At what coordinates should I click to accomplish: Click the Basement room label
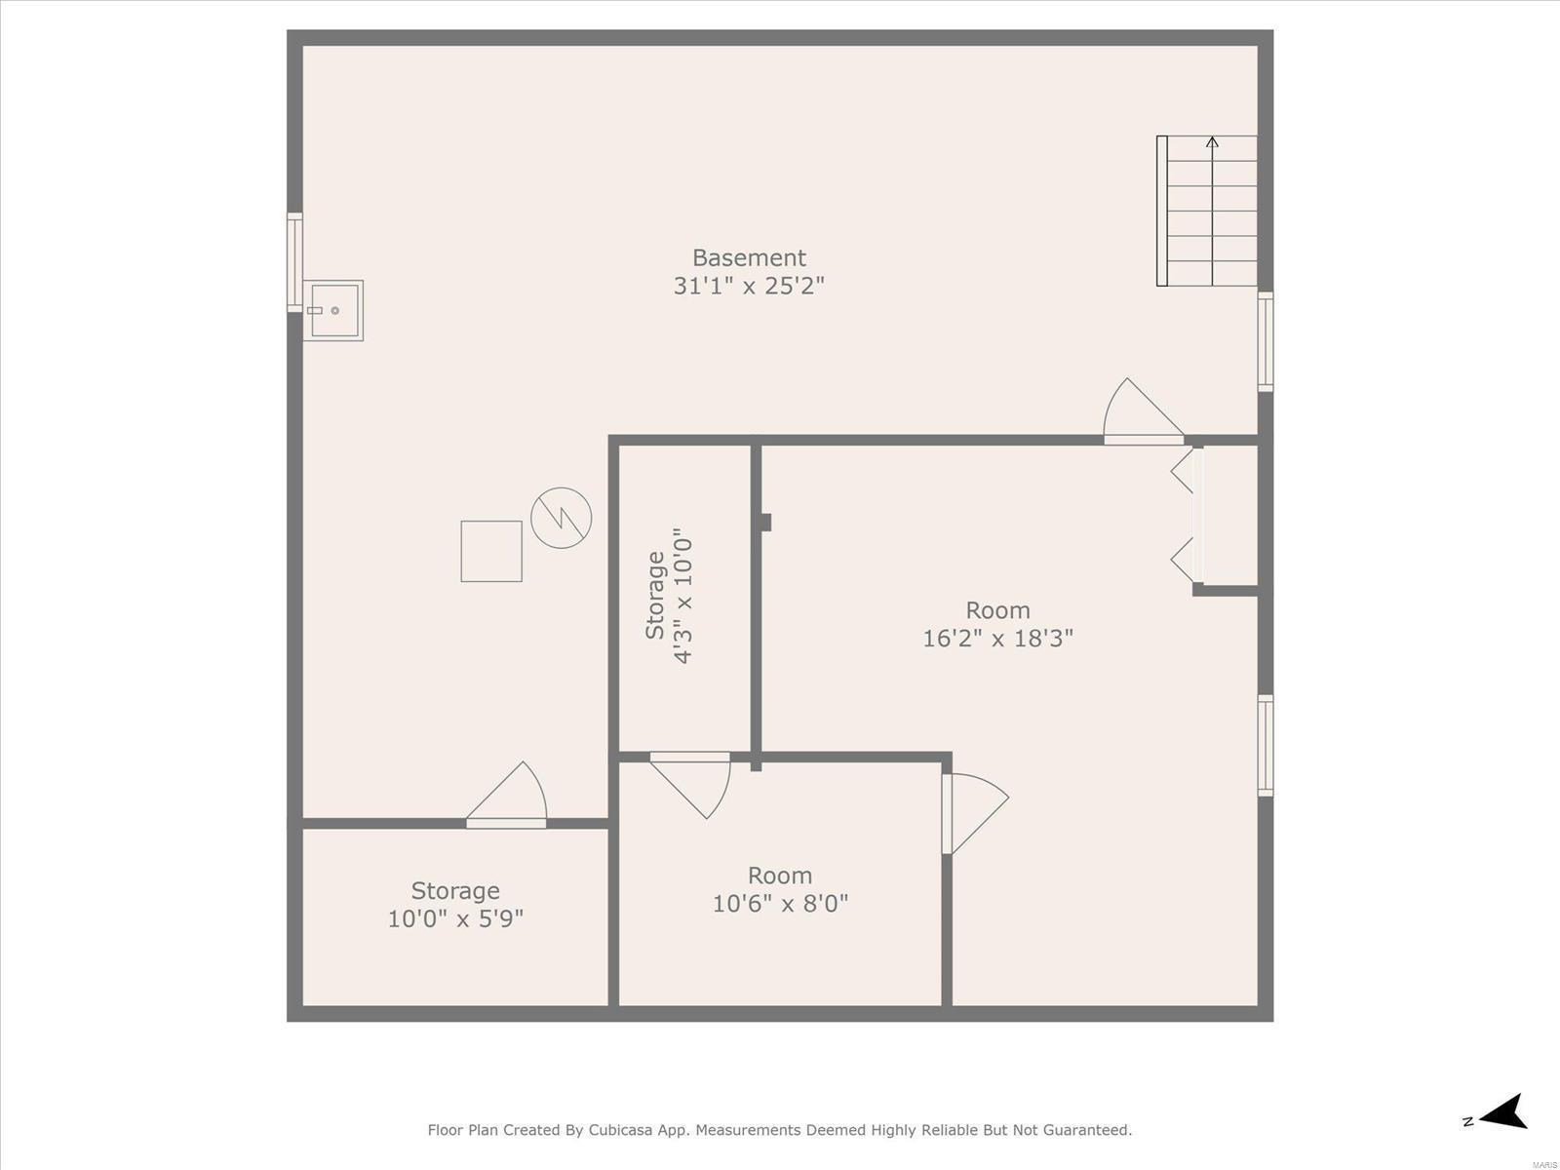click(x=749, y=257)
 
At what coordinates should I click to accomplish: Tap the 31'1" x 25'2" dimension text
click(x=749, y=286)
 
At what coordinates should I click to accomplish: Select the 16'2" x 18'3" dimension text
click(x=997, y=638)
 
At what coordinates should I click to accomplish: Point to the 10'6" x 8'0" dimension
click(x=780, y=903)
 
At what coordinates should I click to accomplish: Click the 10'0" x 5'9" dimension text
click(x=455, y=918)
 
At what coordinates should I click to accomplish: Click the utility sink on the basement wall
click(x=333, y=310)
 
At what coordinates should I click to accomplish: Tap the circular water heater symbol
click(x=562, y=518)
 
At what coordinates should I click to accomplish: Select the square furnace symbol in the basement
click(x=491, y=551)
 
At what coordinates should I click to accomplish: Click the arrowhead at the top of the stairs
click(x=1213, y=141)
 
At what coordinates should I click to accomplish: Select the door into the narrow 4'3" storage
click(x=690, y=784)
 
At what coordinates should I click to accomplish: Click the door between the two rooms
click(x=975, y=813)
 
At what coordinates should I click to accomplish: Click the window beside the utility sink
click(x=294, y=262)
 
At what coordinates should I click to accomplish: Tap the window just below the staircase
click(x=1265, y=341)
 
